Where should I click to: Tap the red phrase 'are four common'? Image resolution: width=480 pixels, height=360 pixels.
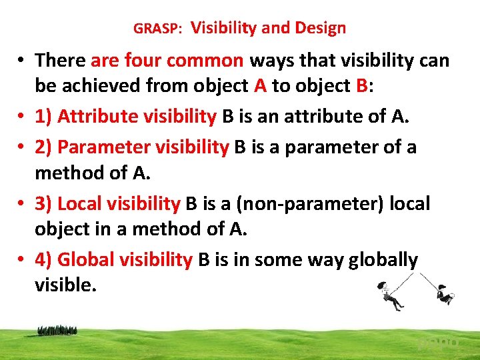(x=167, y=61)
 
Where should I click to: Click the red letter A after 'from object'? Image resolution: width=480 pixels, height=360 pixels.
(x=260, y=86)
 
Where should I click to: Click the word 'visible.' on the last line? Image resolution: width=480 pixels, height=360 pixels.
(x=65, y=285)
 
